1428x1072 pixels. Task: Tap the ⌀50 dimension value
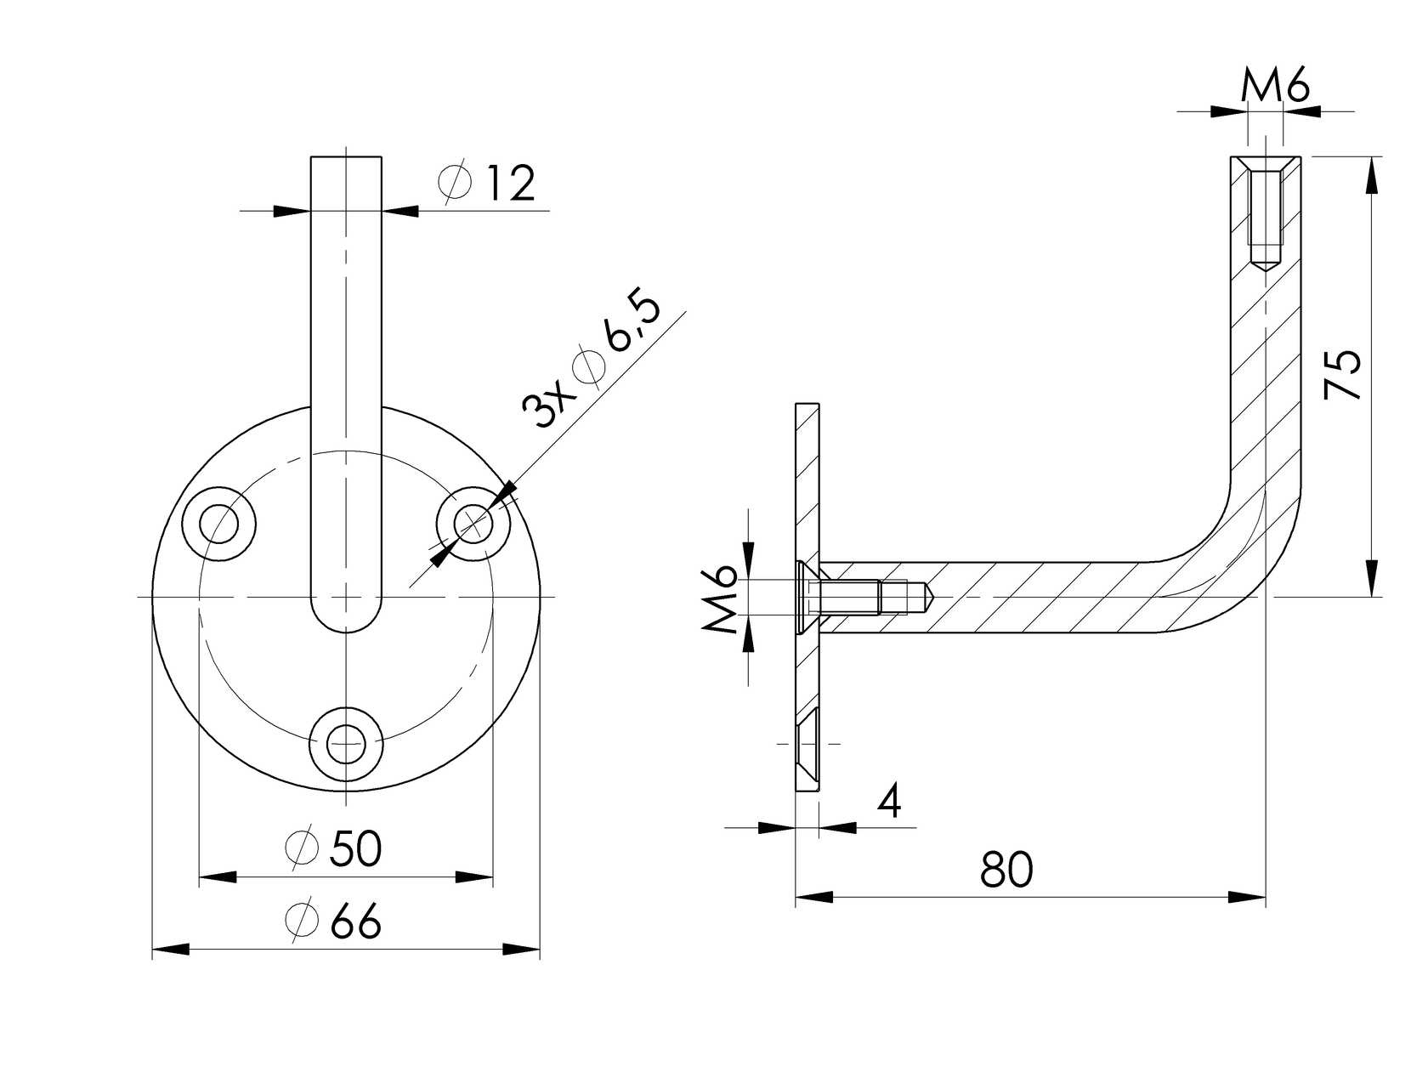pos(334,848)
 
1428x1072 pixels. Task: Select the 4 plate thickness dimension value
pos(889,801)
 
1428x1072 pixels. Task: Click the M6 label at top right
pos(1274,87)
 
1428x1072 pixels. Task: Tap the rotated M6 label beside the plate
pos(720,600)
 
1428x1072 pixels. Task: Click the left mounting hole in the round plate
pos(219,524)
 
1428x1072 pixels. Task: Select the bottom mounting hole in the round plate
pos(346,743)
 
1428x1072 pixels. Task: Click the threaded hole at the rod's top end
pos(1266,217)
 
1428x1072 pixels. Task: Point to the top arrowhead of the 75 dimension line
pos(1372,174)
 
